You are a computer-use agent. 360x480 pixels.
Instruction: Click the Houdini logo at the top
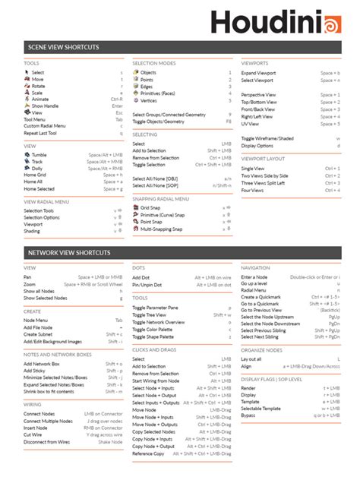280,22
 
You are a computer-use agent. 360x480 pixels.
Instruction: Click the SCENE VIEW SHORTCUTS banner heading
62,47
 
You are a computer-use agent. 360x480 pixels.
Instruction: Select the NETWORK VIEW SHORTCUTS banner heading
68,251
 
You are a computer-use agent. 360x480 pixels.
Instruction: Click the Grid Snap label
151,207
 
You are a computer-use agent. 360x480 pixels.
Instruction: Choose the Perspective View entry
259,95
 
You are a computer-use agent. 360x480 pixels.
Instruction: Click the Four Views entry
253,189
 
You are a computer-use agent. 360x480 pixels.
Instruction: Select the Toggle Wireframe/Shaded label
267,138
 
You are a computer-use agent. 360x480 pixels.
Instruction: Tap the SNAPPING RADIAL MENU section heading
161,198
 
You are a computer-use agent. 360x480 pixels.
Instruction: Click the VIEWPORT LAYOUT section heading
263,159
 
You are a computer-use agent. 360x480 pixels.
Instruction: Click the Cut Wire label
33,434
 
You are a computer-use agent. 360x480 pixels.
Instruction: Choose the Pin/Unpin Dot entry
147,284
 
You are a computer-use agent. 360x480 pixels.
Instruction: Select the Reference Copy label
148,453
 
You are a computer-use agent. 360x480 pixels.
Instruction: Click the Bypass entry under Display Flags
249,415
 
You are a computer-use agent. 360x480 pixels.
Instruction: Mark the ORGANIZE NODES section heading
261,350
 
